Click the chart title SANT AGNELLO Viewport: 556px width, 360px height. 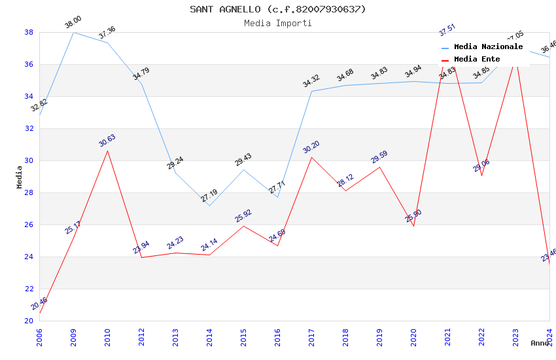click(278, 9)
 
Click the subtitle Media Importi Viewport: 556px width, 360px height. click(278, 23)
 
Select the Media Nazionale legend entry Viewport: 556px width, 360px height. click(488, 46)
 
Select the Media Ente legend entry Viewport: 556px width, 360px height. click(477, 59)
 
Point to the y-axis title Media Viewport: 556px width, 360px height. click(20, 177)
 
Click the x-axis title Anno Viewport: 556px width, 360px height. click(540, 343)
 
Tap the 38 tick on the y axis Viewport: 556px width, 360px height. click(29, 32)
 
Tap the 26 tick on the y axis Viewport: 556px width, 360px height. click(29, 225)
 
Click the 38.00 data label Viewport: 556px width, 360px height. click(73, 24)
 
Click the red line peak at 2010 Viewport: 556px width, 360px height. click(107, 151)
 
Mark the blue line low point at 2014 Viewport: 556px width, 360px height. click(209, 206)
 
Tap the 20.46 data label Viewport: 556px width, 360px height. click(39, 304)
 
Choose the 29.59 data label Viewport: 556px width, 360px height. click(379, 157)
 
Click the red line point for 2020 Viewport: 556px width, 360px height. click(413, 226)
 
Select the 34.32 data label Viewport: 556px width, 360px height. click(311, 81)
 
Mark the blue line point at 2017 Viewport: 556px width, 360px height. click(311, 91)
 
